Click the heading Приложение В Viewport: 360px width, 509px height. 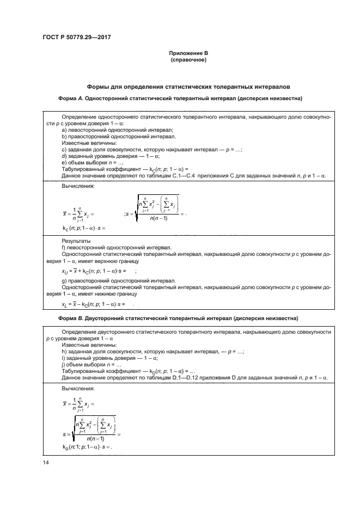188,53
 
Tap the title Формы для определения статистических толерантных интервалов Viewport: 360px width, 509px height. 188,86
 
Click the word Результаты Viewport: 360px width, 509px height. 76,240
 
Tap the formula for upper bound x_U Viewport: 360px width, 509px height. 94,270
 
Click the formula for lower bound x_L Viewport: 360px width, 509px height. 93,304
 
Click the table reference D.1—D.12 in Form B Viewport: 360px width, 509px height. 173,377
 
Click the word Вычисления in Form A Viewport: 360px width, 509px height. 78,186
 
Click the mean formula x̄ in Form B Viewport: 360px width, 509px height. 78,404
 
